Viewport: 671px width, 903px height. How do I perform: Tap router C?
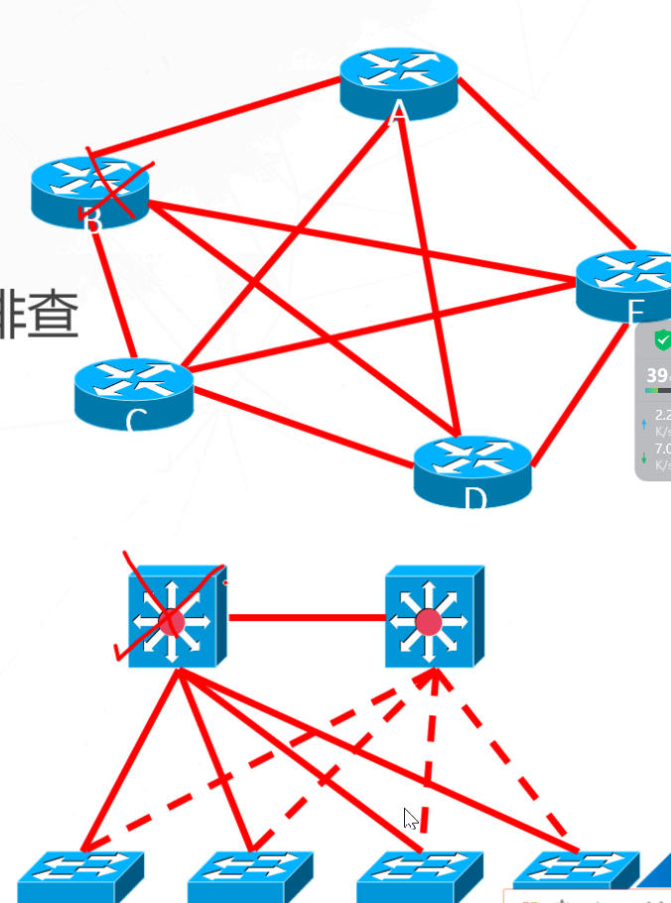[x=133, y=390]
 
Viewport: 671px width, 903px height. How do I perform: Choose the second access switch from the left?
[x=250, y=874]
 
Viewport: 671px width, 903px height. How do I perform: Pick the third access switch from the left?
[x=420, y=874]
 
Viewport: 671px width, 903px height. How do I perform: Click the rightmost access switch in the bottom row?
[x=576, y=872]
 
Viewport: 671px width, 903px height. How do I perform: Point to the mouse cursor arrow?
[x=410, y=818]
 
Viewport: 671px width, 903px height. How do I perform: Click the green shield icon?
[x=662, y=339]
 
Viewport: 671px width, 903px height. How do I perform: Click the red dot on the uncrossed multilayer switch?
[x=429, y=622]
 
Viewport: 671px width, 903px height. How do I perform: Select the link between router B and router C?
[x=118, y=293]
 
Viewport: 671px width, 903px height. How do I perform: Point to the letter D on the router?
[x=474, y=495]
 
